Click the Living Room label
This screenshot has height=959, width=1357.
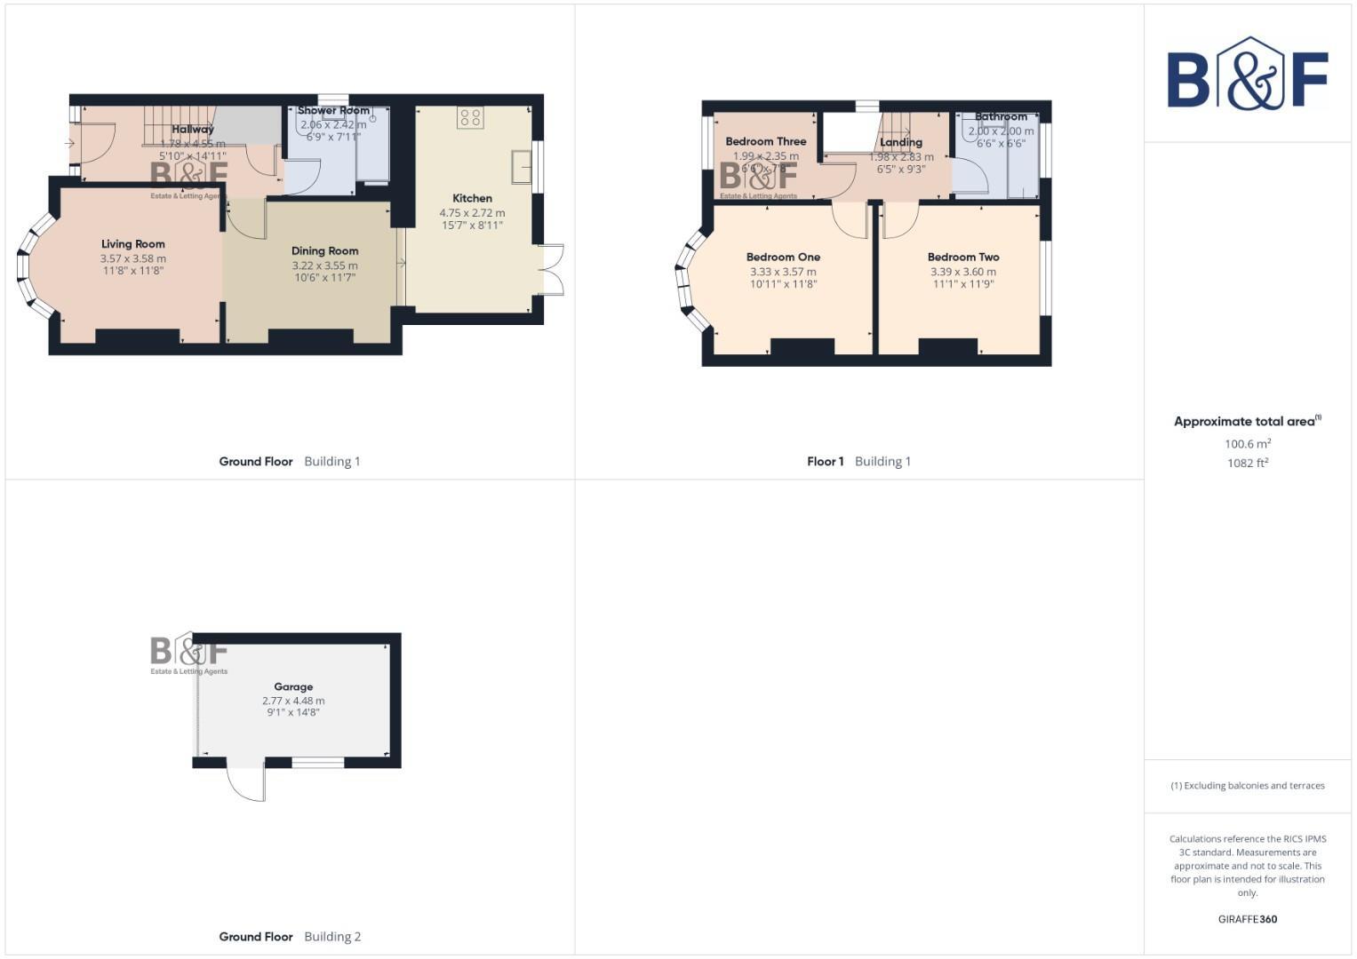click(132, 244)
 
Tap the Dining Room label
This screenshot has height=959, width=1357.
click(324, 251)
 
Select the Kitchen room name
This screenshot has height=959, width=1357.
click(472, 199)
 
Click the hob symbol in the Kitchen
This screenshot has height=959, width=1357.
click(470, 118)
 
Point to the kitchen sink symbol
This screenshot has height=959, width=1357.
click(522, 165)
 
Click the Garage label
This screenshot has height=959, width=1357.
click(293, 687)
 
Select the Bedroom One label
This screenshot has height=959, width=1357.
click(783, 258)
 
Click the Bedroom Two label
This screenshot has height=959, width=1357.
click(963, 258)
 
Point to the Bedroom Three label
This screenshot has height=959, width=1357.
click(765, 141)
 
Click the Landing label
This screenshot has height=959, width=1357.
click(901, 142)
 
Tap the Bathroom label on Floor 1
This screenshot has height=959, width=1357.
click(1001, 117)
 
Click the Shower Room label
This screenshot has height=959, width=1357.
click(333, 111)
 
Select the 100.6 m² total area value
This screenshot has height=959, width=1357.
click(1247, 444)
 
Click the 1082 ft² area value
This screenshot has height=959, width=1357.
click(1247, 464)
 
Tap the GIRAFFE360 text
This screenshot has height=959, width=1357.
click(1247, 920)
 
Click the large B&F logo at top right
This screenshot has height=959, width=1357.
click(1247, 75)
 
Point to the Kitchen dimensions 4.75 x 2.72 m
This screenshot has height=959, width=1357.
click(472, 213)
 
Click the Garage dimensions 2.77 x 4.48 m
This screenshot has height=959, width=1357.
click(293, 701)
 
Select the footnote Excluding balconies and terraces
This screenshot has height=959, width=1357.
click(1247, 786)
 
